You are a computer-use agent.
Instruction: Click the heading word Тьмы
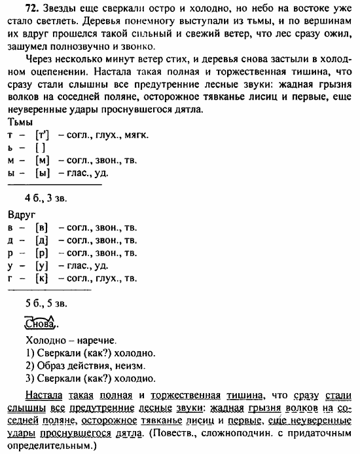click(20, 122)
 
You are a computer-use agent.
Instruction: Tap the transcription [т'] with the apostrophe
click(45, 135)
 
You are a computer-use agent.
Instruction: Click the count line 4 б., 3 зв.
click(46, 198)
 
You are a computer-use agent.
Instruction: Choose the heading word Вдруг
click(22, 214)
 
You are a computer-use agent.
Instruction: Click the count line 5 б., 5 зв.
click(46, 303)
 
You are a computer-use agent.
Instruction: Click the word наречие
click(96, 341)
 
